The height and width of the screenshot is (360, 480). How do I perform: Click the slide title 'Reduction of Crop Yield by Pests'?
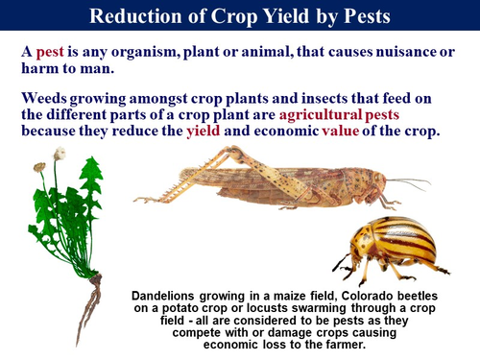tap(239, 17)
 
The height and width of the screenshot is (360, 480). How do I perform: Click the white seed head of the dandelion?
tap(60, 153)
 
